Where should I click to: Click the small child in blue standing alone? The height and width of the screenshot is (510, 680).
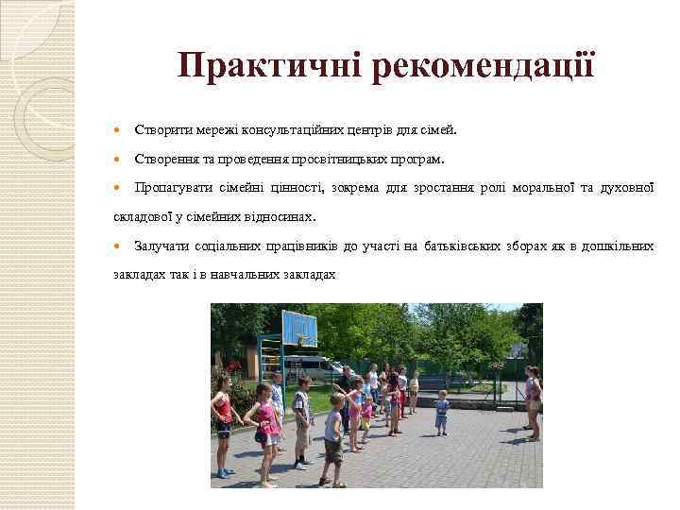coord(442,412)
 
